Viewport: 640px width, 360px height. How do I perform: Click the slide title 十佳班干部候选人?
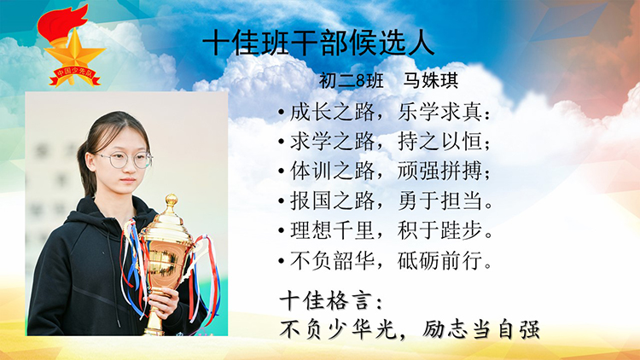pyautogui.click(x=318, y=43)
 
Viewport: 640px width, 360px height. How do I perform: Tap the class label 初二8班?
pyautogui.click(x=351, y=80)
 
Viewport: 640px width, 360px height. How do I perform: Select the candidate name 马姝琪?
pyautogui.click(x=431, y=80)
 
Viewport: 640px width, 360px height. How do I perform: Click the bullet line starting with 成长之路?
pyautogui.click(x=384, y=112)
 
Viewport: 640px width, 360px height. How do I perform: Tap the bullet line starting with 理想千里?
pyautogui.click(x=385, y=230)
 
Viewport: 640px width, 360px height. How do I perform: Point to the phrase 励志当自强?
pyautogui.click(x=480, y=329)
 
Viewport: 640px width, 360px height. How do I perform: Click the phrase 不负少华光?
pyautogui.click(x=338, y=329)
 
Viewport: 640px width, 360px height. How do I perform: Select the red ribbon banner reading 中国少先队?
pyautogui.click(x=75, y=76)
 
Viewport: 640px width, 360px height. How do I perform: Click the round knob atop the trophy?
pyautogui.click(x=171, y=200)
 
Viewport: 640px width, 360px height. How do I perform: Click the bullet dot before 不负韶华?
pyautogui.click(x=281, y=261)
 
